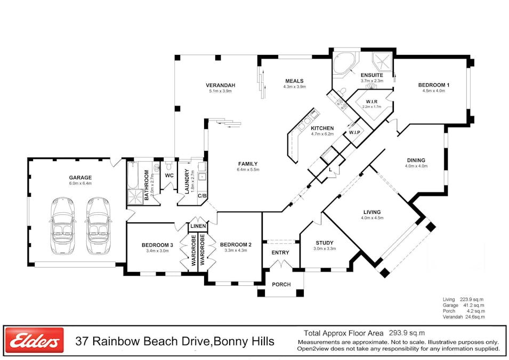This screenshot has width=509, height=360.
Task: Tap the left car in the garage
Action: click(x=62, y=226)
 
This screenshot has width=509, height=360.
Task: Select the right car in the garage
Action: click(x=98, y=226)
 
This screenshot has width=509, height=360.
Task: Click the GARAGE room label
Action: click(x=80, y=178)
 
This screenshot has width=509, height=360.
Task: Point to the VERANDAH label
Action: click(x=221, y=85)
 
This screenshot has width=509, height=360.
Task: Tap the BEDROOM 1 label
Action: click(x=433, y=85)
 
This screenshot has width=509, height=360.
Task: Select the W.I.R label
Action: click(x=372, y=101)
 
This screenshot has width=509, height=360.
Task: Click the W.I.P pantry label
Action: click(x=354, y=132)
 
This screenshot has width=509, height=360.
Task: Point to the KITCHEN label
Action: click(x=322, y=128)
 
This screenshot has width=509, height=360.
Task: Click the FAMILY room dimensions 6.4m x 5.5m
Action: click(x=248, y=170)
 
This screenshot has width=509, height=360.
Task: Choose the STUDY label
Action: click(x=324, y=243)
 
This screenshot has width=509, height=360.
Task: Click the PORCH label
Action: click(x=281, y=284)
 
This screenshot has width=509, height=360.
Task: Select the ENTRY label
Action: click(x=280, y=253)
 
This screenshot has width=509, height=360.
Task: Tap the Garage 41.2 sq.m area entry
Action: click(x=464, y=305)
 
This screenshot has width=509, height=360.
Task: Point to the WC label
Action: click(x=169, y=175)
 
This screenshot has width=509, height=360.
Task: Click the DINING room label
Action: click(x=416, y=160)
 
